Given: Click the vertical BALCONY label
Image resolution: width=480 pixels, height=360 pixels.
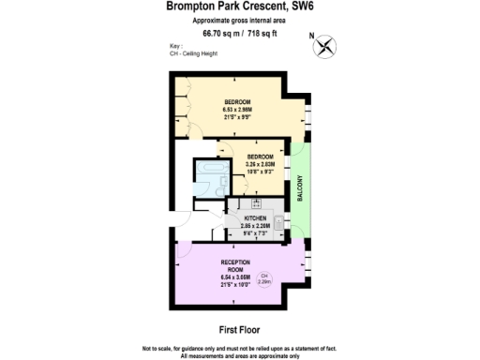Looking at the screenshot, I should (x=301, y=187).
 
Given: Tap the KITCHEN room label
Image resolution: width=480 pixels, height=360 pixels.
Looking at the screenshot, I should (x=256, y=217).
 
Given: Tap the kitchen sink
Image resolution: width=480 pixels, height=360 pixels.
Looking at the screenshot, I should (x=277, y=223).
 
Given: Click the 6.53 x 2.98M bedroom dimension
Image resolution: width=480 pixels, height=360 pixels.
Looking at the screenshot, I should (x=237, y=110).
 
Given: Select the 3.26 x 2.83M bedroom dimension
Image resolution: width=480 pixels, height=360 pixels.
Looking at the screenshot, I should (x=260, y=164).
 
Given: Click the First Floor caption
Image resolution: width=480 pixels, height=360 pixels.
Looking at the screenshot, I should (x=239, y=330).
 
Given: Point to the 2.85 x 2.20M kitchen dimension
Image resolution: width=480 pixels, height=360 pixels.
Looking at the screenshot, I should (x=256, y=226).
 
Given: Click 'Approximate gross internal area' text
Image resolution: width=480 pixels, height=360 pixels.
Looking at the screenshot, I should (x=239, y=20).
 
